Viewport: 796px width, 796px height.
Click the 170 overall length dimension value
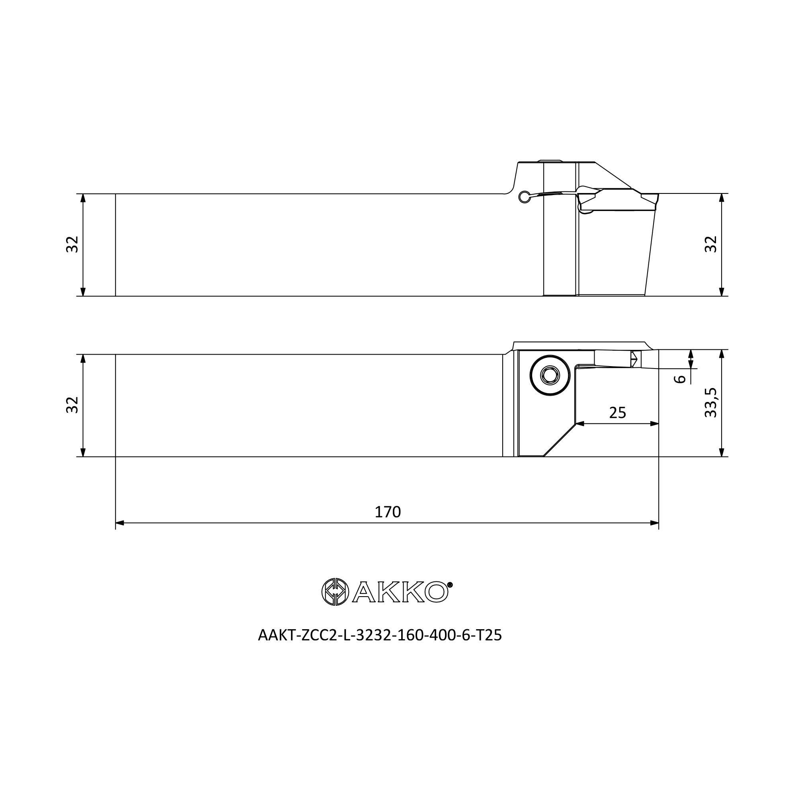387,512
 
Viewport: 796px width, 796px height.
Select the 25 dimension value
617,412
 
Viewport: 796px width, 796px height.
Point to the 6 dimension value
679,378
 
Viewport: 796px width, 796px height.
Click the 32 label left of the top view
72,244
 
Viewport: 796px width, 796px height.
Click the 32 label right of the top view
711,244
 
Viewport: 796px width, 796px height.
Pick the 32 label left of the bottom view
72,405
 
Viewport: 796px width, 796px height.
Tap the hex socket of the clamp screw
550,375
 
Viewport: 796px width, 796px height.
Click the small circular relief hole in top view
524,197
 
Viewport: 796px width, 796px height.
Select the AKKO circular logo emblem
335,592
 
